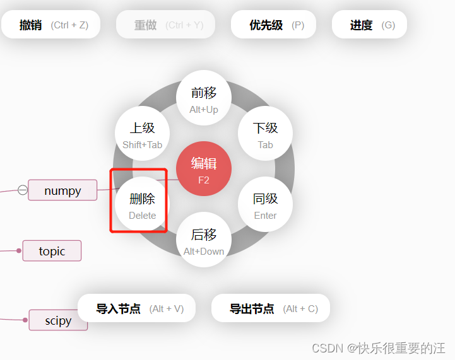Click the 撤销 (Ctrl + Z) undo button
pos(50,25)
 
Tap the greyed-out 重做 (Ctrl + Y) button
pos(165,25)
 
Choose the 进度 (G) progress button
pos(369,25)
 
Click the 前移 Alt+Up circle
pos(203,98)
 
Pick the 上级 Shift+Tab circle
pos(143,134)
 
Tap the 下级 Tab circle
pos(265,134)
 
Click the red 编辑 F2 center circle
pos(203,169)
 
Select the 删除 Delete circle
pos(142,205)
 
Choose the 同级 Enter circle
pos(265,205)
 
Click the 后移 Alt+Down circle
pos(203,240)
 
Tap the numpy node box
pos(62,190)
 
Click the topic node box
pos(52,251)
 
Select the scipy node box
pos(58,320)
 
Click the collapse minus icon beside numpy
pos(23,190)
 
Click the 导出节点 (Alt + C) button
pos(271,308)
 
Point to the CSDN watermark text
pos(379,347)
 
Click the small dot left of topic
pos(19,251)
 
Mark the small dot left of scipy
pos(25,320)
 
